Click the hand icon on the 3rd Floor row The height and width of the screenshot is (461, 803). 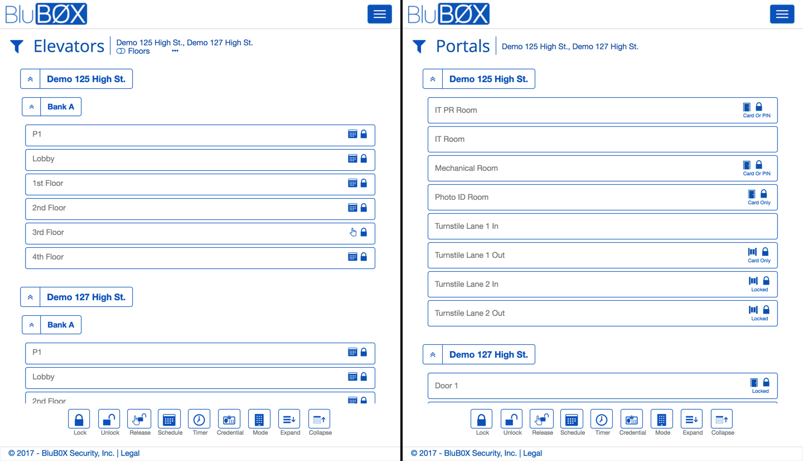(x=353, y=232)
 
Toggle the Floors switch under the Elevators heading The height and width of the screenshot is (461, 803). (x=121, y=51)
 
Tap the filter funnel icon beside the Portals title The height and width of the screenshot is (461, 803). (x=419, y=46)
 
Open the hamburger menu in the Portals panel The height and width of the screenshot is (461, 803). (x=782, y=15)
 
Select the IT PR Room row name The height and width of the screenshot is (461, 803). (x=456, y=110)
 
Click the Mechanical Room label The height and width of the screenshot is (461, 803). (x=466, y=168)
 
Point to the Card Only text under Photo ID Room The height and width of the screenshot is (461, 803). (x=759, y=203)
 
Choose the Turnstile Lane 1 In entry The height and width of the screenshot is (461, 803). (x=466, y=226)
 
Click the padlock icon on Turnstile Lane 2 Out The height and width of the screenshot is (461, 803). (x=766, y=310)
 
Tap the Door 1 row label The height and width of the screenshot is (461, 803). (x=446, y=386)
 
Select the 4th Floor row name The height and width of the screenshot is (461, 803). (x=48, y=257)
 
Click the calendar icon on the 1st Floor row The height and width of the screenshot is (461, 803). (x=352, y=183)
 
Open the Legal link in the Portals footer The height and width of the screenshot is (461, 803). (x=533, y=453)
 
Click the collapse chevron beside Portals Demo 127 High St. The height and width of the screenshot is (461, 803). (x=433, y=354)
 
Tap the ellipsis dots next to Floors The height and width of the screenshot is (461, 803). (x=175, y=51)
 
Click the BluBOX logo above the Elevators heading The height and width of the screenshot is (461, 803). (x=46, y=14)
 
